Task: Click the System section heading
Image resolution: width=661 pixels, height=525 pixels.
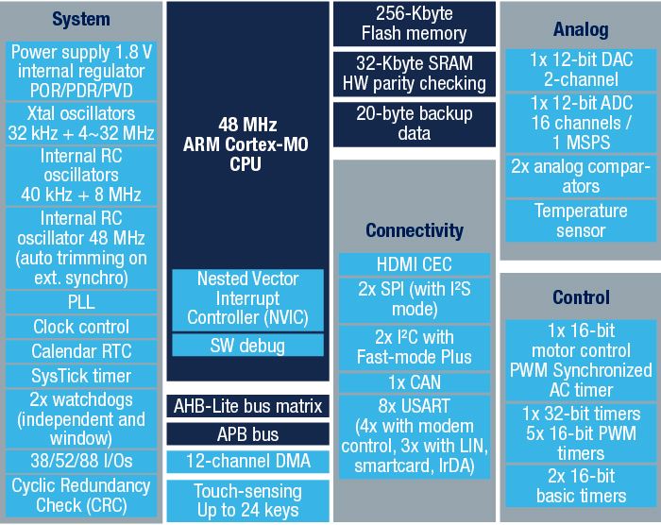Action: point(81,20)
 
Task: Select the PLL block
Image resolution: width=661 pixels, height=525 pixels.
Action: point(81,302)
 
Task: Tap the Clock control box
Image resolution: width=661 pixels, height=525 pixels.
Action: point(81,327)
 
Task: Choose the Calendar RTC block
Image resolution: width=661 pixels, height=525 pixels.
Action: point(81,351)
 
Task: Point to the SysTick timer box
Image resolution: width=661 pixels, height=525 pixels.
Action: point(81,376)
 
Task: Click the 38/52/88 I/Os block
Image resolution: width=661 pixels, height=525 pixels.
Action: point(81,461)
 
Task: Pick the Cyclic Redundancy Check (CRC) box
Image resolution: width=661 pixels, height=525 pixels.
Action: point(81,496)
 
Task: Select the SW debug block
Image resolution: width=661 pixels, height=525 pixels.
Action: point(247,346)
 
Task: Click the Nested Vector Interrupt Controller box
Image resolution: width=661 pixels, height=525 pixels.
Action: point(247,300)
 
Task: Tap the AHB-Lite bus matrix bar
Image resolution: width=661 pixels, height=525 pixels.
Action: point(247,406)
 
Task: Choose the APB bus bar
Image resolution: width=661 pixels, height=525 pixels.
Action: point(247,434)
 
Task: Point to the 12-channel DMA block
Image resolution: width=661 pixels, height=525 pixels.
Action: point(247,462)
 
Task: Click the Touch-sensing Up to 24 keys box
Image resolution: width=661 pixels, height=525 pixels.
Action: point(247,500)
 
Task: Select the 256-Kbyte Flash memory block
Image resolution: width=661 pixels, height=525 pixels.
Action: point(415,24)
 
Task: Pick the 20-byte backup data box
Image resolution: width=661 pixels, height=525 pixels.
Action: point(415,124)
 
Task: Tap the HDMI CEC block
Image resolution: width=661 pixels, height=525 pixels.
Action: point(415,264)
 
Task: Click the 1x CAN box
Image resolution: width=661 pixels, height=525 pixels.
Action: point(415,382)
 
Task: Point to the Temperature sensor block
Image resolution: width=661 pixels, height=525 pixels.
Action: point(581,221)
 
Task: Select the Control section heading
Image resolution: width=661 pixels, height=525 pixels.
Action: point(581,297)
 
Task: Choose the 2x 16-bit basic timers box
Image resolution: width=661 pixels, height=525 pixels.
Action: point(581,485)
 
